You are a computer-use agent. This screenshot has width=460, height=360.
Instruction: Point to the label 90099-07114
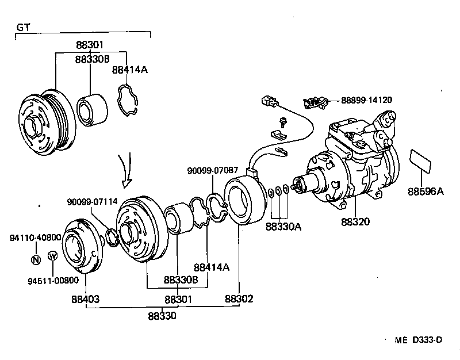click(92, 201)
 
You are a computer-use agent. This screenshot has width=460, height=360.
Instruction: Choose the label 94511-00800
click(53, 281)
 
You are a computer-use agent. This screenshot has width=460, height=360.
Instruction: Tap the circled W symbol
click(52, 256)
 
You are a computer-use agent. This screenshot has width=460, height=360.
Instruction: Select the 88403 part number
click(86, 299)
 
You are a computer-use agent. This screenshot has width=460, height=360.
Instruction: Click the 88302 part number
click(239, 299)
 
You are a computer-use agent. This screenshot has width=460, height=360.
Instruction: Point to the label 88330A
click(283, 227)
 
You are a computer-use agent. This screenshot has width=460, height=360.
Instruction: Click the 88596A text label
click(426, 191)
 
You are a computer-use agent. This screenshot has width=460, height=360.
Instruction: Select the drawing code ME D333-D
click(418, 340)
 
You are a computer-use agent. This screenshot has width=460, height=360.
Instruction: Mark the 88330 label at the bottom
click(162, 316)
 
